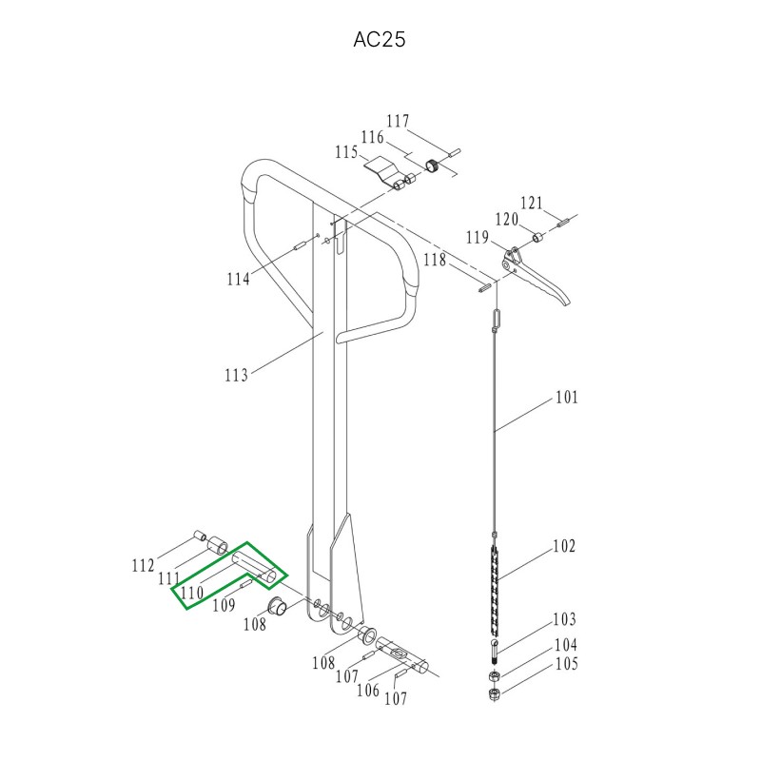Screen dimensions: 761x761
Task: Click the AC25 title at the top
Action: pos(379,40)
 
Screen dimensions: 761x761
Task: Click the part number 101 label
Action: pos(567,398)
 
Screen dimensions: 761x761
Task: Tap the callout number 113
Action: pos(236,375)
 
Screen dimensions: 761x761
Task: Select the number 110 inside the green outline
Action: pos(192,593)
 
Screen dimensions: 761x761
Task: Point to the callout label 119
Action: pos(478,238)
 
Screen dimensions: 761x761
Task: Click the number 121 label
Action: pos(532,204)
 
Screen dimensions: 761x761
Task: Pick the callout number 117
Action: pos(398,122)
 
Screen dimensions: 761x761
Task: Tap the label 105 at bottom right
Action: pos(566,664)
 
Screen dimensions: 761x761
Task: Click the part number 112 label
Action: pos(144,566)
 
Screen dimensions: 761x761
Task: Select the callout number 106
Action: pos(368,690)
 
